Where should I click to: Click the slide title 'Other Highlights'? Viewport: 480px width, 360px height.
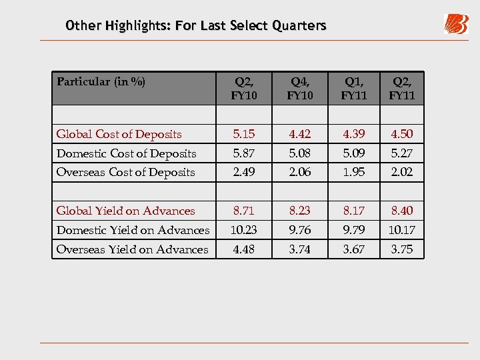point(196,26)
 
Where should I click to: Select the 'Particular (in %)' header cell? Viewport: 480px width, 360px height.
point(101,82)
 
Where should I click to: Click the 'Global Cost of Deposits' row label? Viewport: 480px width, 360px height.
point(119,134)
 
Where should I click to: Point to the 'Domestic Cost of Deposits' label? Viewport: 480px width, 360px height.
point(127,153)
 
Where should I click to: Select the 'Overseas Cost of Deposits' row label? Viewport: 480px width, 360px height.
point(126,172)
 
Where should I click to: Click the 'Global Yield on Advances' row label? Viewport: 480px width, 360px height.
point(126,211)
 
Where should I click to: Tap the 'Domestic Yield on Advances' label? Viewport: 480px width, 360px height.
point(133,230)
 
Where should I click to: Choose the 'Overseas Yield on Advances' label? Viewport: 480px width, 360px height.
point(133,249)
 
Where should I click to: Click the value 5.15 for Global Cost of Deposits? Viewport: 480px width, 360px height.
point(244,134)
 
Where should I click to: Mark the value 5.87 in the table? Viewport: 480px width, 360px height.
point(244,153)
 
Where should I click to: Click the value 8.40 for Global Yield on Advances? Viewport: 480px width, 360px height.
point(402,211)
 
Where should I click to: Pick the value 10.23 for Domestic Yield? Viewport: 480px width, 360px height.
point(244,230)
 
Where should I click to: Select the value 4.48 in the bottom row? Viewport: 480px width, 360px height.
point(244,249)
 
